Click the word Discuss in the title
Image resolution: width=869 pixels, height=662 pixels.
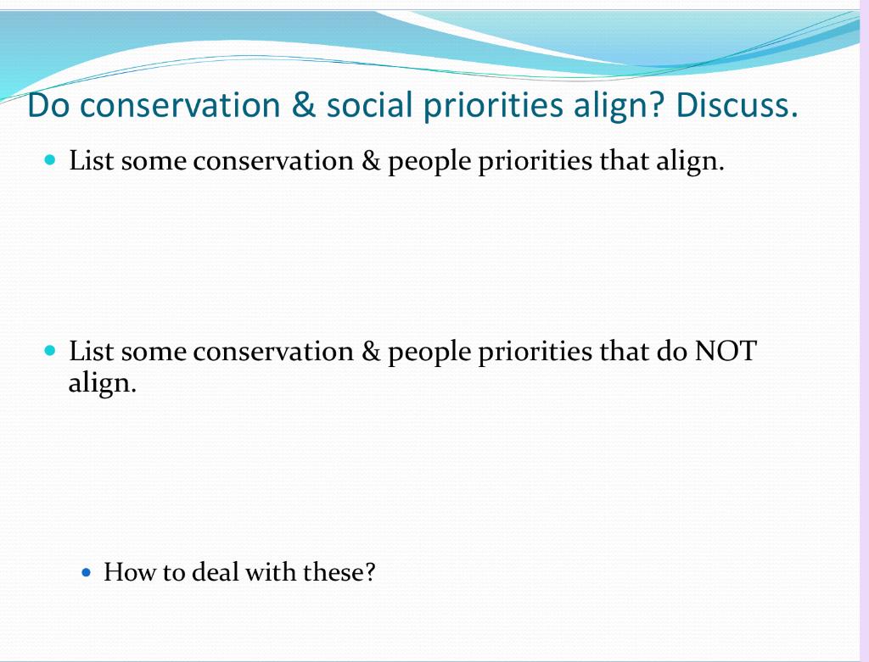[x=737, y=104]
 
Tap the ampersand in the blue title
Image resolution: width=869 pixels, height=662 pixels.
[x=303, y=104]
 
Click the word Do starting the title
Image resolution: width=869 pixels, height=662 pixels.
[x=48, y=104]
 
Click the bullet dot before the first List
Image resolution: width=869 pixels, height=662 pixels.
[x=50, y=160]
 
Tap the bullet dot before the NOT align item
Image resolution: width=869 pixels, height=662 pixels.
[x=50, y=350]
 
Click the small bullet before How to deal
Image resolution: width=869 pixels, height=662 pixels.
[x=86, y=572]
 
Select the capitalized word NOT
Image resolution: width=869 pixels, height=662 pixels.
[x=726, y=351]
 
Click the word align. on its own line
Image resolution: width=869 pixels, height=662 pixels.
[x=102, y=383]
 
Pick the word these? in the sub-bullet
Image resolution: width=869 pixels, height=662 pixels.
[x=339, y=572]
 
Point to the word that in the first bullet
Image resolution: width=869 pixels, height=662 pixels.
[x=624, y=160]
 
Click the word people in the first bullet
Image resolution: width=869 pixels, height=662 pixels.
[x=429, y=162]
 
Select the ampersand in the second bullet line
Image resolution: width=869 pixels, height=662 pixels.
[x=371, y=351]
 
